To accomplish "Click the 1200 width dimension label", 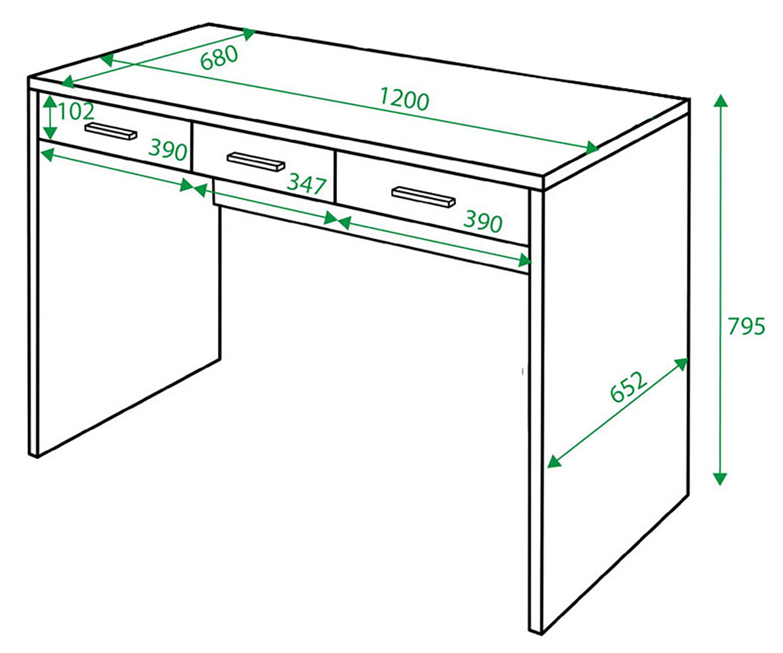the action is [404, 99].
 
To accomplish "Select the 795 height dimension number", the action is [746, 326].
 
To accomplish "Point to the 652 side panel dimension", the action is [629, 387].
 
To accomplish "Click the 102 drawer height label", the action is [76, 111].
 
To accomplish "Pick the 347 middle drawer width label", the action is [307, 185].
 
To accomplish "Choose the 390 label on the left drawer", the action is [168, 150].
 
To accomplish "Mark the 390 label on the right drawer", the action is [483, 221].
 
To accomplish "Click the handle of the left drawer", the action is [111, 131].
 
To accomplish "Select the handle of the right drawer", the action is [423, 196].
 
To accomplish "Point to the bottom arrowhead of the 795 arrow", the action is [720, 479].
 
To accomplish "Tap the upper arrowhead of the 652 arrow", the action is [681, 364].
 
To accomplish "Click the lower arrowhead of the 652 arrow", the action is [554, 461].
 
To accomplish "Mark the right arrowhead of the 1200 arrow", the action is [592, 148].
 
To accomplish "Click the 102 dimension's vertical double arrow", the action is [50, 118].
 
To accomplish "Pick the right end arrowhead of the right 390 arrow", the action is [524, 260].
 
